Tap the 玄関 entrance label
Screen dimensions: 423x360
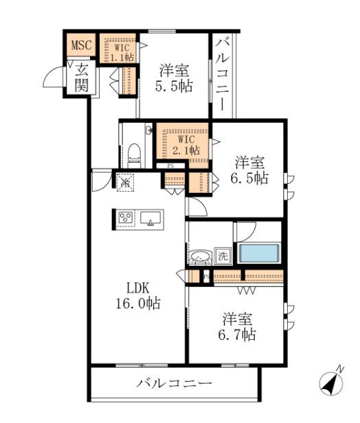pos(81,76)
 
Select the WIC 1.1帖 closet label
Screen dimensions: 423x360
pos(122,52)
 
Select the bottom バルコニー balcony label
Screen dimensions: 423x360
pos(174,382)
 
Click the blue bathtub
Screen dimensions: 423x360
pos(259,253)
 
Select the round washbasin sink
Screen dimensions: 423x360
pos(201,258)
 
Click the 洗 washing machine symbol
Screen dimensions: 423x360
pos(223,255)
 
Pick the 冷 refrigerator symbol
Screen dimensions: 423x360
pos(124,182)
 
